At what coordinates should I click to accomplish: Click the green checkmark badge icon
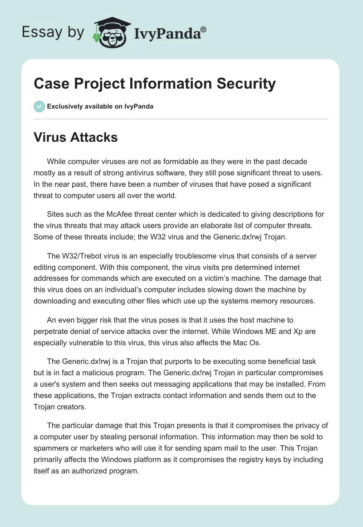pos(39,106)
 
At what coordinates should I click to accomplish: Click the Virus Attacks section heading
pos(76,137)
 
